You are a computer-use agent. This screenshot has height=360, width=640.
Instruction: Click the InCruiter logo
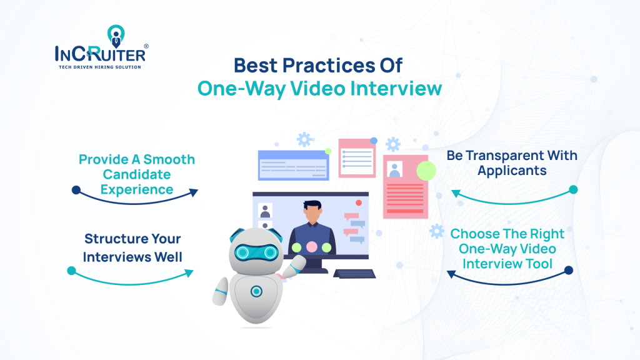point(101,47)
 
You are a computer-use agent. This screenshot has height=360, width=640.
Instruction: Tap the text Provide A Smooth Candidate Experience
point(137,174)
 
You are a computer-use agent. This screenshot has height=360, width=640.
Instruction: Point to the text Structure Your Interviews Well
point(132,247)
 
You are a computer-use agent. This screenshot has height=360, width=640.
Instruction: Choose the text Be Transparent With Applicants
point(512,163)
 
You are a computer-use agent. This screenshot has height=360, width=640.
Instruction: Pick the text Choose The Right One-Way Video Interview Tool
point(507,249)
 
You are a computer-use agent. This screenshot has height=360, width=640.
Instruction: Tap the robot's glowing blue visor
point(256,252)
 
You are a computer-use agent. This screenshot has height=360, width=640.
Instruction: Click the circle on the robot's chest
point(256,291)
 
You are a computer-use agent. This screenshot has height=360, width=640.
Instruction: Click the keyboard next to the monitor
point(354,274)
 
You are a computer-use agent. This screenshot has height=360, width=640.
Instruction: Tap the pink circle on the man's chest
point(312,247)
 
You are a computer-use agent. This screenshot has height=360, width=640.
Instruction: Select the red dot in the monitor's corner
point(359,203)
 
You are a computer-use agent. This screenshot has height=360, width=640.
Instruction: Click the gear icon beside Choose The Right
point(437,231)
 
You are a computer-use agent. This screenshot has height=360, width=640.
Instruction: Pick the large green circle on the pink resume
point(426,171)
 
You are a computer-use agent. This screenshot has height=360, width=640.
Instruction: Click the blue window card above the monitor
point(294,165)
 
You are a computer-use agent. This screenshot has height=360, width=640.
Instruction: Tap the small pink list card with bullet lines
point(357,158)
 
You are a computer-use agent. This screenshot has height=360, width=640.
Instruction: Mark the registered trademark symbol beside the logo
point(146,46)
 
